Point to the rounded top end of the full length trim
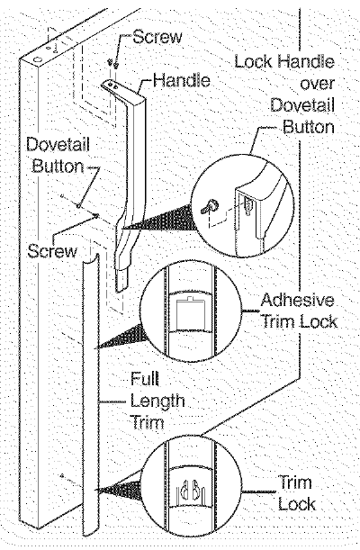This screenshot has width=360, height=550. pyautogui.click(x=91, y=261)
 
